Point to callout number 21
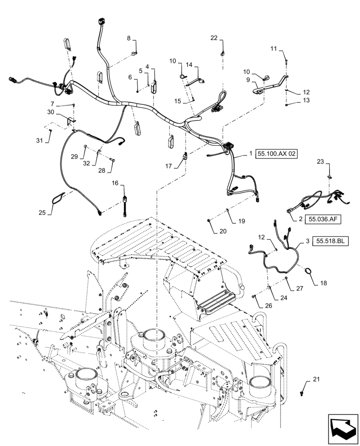316,379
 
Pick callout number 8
129,39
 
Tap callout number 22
214,38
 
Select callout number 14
189,65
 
